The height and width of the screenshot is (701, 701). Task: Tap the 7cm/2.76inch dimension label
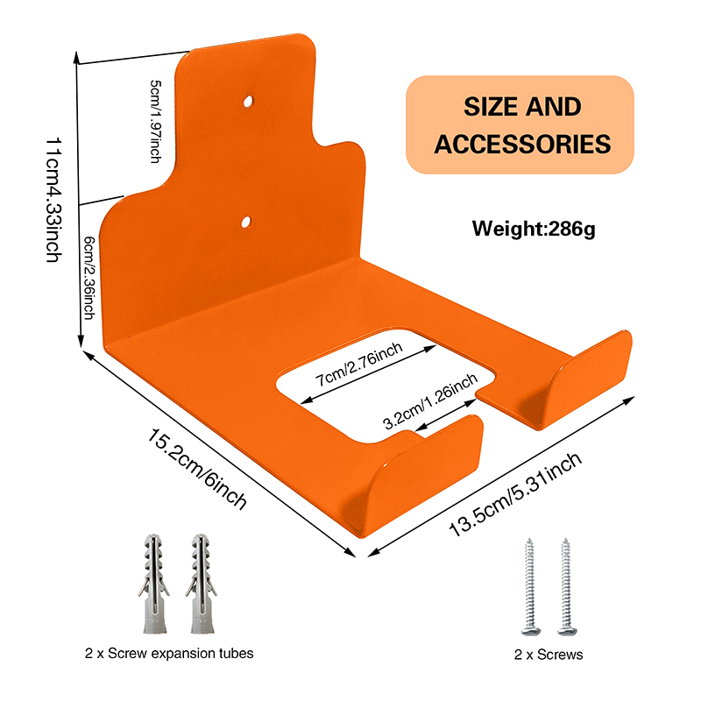click(359, 366)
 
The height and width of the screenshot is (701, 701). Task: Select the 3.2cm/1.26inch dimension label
click(429, 401)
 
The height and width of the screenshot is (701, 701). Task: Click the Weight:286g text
click(533, 230)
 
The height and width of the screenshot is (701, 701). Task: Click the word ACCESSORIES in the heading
click(522, 144)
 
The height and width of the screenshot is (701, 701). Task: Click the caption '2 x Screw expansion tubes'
click(170, 653)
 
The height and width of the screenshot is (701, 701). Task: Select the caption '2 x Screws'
click(549, 654)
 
